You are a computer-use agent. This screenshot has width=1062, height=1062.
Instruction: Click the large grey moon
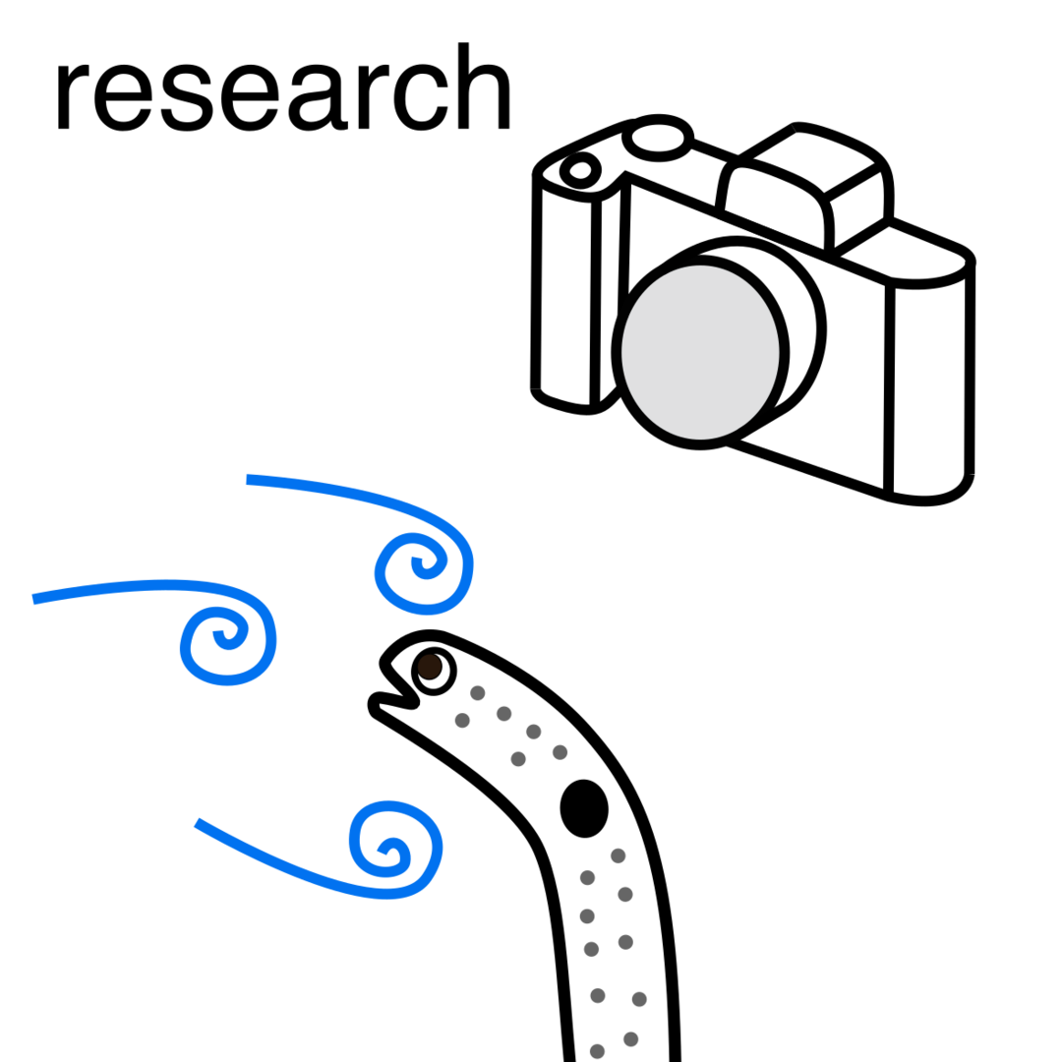click(700, 352)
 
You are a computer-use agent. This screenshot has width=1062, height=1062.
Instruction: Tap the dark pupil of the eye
click(429, 667)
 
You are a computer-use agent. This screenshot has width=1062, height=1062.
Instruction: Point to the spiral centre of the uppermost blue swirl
click(417, 562)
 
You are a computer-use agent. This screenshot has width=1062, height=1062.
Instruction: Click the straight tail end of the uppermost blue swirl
click(249, 479)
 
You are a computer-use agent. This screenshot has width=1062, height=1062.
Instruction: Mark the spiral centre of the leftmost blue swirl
click(222, 633)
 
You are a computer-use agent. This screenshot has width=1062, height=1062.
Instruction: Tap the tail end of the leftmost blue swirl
click(34, 598)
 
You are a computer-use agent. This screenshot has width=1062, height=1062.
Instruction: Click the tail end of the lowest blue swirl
click(198, 823)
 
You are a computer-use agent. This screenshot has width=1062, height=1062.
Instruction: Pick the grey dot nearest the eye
click(478, 692)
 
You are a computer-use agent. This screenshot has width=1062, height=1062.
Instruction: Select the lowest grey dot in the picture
click(597, 1051)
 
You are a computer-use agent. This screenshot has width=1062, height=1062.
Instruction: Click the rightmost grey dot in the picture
click(639, 999)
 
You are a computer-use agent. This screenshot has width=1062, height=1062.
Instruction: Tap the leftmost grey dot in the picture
click(462, 720)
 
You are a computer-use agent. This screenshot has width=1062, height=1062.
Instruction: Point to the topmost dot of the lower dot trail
click(618, 855)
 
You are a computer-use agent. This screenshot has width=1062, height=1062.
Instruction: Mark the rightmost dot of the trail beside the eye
click(560, 752)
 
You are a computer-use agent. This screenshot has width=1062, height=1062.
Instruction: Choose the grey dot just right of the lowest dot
click(630, 1038)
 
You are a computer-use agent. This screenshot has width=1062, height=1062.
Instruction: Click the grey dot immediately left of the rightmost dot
click(597, 995)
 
